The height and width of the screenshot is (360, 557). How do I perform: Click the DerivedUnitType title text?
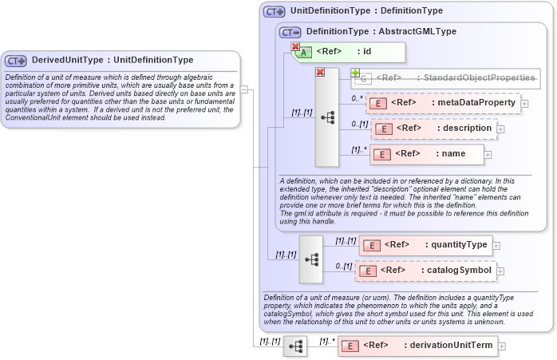click(x=112, y=60)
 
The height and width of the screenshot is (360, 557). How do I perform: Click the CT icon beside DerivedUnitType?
click(x=16, y=61)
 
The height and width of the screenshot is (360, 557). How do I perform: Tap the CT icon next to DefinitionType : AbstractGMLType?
click(x=290, y=32)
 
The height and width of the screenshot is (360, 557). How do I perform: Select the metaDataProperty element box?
click(x=443, y=103)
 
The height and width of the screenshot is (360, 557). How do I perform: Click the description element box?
click(x=434, y=128)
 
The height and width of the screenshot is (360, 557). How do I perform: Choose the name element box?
click(x=427, y=154)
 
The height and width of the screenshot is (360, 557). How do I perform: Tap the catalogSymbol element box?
click(x=426, y=271)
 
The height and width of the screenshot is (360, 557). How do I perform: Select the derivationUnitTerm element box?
click(x=418, y=345)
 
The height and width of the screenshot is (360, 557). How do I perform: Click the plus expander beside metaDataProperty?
click(x=524, y=103)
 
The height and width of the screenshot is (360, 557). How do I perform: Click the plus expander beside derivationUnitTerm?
click(x=503, y=345)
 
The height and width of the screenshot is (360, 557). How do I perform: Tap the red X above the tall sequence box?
click(x=320, y=73)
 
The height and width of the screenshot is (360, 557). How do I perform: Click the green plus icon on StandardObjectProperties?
click(x=356, y=73)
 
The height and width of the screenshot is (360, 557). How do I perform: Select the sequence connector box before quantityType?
click(x=311, y=259)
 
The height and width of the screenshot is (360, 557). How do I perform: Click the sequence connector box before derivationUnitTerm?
click(x=295, y=346)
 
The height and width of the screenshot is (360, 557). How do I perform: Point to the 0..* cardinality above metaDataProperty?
click(x=357, y=98)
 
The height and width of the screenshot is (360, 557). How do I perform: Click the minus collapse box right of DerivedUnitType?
click(x=244, y=89)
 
